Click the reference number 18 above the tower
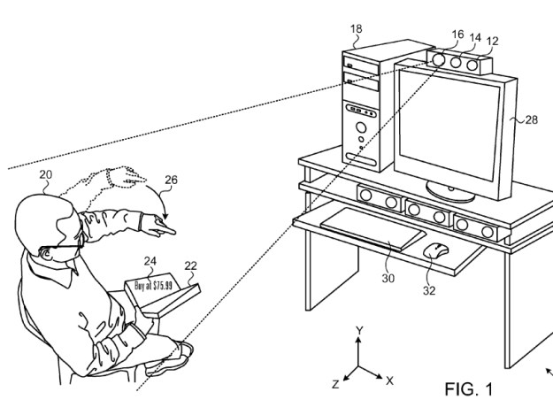[356, 29]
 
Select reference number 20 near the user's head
[46, 176]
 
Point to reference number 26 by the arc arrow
[170, 180]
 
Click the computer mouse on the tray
[434, 251]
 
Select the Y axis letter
[358, 330]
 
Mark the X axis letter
[390, 380]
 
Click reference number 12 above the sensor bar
[492, 41]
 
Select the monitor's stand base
[452, 191]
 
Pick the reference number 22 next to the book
[190, 265]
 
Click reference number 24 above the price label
[151, 261]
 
